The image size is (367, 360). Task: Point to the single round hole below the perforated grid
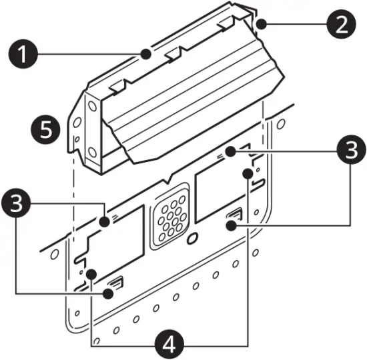point(192,238)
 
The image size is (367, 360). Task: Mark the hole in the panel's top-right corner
point(281,124)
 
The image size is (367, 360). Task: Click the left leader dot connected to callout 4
point(90,273)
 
